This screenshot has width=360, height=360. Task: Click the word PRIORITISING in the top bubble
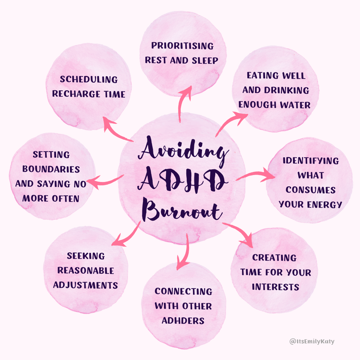182,46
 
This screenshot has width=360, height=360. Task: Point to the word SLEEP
204,60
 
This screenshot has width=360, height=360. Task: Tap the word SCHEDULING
89,79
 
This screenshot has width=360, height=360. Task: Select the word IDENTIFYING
311,161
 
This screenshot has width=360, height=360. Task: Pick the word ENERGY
325,204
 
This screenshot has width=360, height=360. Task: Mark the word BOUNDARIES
51,169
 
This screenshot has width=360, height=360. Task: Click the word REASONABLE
86,270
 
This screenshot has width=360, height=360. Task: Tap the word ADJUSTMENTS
86,285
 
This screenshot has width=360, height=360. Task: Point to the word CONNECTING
183,291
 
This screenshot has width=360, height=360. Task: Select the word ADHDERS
183,321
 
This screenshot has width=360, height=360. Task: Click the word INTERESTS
275,287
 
